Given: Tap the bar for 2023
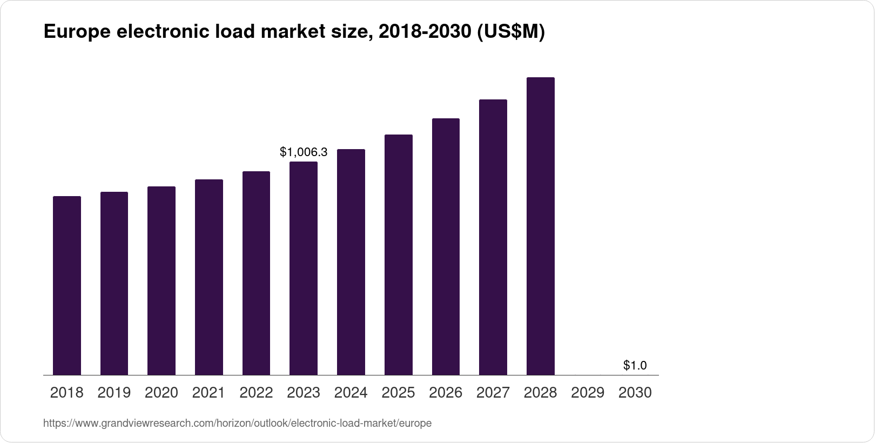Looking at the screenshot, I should point(304,268).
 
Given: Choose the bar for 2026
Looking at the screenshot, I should point(446,246).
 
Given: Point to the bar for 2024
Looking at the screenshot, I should point(351,262).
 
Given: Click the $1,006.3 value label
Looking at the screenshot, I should point(304,152).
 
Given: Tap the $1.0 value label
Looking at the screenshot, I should point(635,366).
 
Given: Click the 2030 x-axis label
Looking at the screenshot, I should point(635,393).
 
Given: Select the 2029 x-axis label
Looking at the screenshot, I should point(588,393).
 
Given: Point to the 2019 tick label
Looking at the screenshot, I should point(114,393).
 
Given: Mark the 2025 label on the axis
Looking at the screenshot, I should point(398,393).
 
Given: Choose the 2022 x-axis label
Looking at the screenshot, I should point(256,393).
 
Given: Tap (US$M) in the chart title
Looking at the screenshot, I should point(511,32).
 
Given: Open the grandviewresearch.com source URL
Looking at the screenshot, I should point(237,424).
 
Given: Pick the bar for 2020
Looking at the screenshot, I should point(161,281).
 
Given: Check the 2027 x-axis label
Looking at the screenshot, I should point(493,393).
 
